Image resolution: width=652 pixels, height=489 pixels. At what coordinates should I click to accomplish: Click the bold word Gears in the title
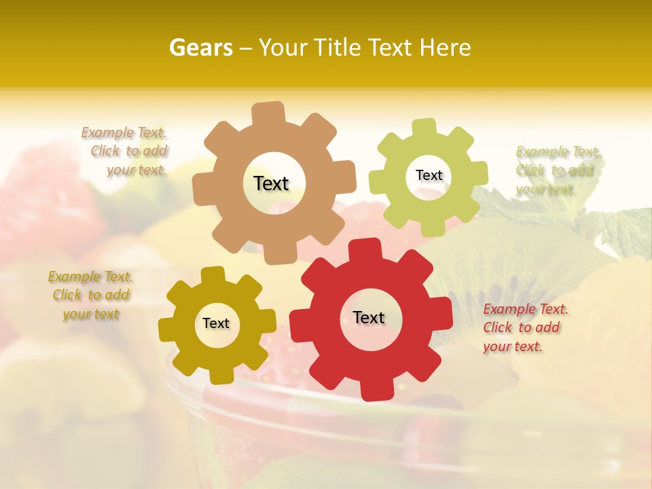pos(199,48)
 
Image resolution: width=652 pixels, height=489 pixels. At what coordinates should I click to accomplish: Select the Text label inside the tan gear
pos(271,183)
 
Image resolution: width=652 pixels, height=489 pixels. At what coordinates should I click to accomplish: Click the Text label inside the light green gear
pos(429,175)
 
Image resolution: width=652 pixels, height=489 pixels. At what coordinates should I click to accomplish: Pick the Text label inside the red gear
pos(369,317)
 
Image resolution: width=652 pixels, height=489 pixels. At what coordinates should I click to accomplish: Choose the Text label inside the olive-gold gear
pos(216,323)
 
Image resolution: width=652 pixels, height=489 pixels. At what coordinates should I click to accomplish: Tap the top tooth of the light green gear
pos(424,127)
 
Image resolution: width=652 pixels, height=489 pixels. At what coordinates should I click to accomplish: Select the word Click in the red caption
pos(498,327)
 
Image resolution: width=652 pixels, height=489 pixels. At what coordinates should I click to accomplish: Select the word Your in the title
pos(284,48)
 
